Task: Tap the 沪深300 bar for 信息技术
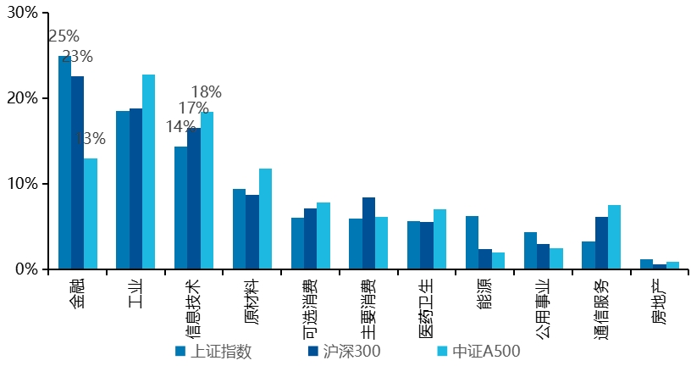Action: pos(194,198)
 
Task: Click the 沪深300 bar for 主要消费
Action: pos(368,233)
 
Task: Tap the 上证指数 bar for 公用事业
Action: pos(530,251)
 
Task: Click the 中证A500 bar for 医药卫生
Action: pos(439,239)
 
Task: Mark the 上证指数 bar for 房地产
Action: pos(646,264)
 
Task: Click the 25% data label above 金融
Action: pos(64,36)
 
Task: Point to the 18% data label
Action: pos(206,91)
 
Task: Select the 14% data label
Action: pos(180,127)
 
